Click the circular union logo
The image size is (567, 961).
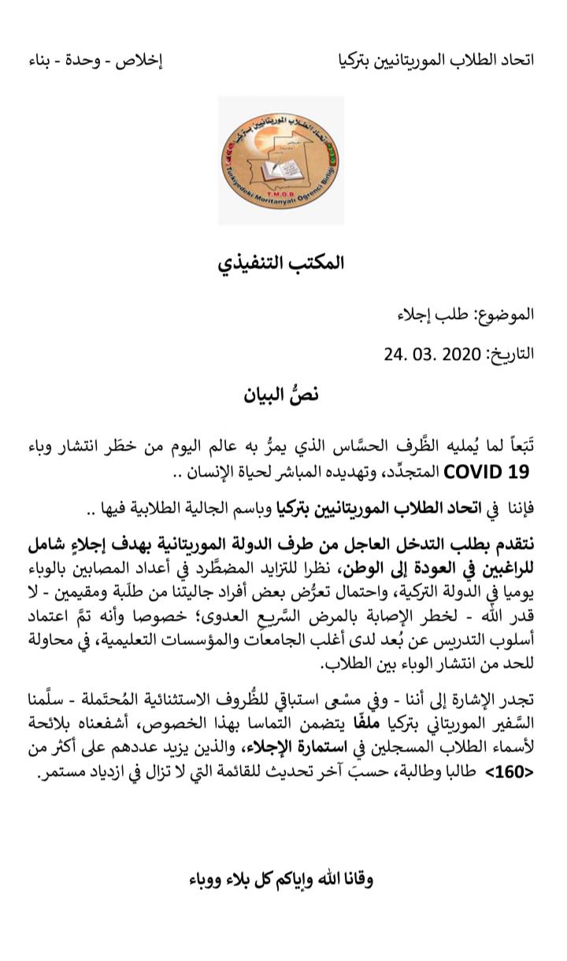click(x=280, y=161)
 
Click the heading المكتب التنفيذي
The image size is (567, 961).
click(x=281, y=262)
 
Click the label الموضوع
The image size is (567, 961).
click(x=503, y=314)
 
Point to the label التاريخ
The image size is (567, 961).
click(x=509, y=353)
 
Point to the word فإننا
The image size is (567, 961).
click(x=517, y=508)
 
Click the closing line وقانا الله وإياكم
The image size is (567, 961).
click(x=281, y=879)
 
